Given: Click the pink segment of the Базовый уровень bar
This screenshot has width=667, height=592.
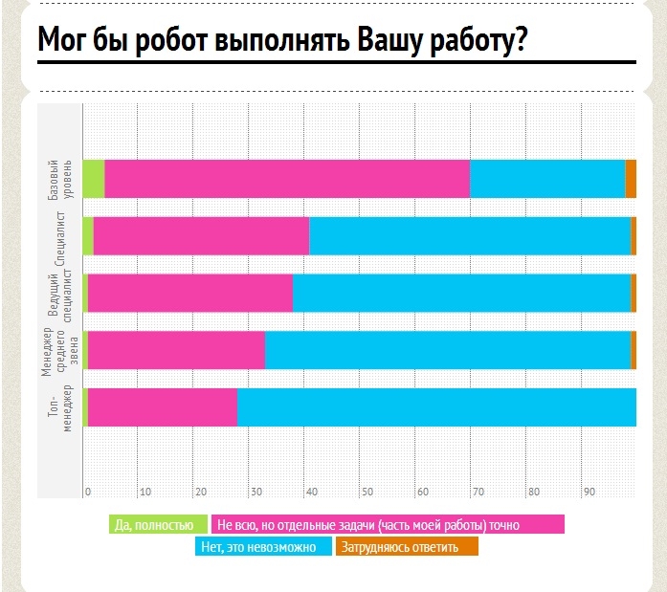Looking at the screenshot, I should coord(286,179).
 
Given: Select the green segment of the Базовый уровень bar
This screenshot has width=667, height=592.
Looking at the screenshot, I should coord(93,179).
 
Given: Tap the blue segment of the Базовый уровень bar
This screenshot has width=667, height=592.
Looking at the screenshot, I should coord(546,179).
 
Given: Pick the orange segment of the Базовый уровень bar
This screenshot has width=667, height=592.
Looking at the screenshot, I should coord(631,179).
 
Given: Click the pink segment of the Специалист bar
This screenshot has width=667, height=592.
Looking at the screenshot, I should coord(201,236).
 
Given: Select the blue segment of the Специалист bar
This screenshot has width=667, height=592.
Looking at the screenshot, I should coord(469,236).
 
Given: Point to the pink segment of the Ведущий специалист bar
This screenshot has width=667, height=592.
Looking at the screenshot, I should coord(189,293).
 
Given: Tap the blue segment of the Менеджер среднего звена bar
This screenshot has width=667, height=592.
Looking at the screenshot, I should coord(447,350).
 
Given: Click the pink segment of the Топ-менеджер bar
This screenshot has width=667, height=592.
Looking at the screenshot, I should coord(162,407).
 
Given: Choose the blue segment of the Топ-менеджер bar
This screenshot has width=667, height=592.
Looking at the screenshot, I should coord(436,407).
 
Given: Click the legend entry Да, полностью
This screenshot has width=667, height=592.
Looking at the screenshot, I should coord(158,524).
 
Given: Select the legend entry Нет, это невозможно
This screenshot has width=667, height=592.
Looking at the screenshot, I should coord(263,547).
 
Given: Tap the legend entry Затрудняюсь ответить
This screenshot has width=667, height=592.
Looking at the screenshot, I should coord(407,547).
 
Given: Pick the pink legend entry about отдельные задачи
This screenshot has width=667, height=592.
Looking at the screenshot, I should coord(387,524).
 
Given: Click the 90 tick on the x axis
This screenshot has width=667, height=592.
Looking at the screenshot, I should coord(590,492).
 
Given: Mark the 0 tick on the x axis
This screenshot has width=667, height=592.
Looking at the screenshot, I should coord(87,492).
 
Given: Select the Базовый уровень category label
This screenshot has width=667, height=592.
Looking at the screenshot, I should coord(59,179).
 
